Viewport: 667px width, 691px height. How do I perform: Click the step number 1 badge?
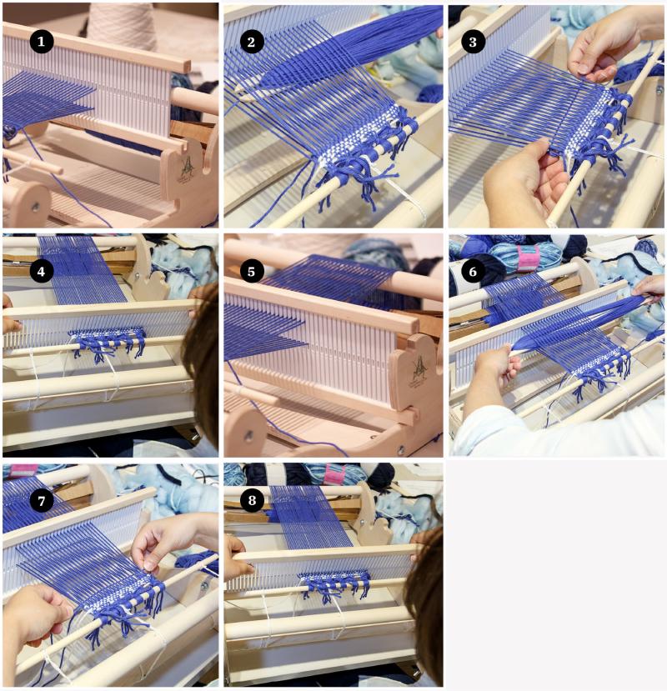coord(42,42)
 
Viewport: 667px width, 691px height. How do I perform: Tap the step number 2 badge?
coord(251,42)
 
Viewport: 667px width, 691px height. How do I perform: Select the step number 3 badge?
coord(473,42)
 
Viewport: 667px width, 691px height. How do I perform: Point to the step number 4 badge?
coord(42,272)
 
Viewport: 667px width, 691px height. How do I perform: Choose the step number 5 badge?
coord(251,272)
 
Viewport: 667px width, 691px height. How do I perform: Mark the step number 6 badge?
coord(473,272)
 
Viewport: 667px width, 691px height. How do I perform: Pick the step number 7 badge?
coord(42,501)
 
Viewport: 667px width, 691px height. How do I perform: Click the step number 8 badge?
coord(251,501)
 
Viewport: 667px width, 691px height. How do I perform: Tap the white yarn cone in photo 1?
coord(122,26)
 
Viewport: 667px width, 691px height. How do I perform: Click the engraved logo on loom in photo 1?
coord(187,168)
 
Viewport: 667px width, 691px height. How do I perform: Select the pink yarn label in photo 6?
coord(528,258)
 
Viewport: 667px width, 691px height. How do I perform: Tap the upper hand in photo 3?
coord(610,44)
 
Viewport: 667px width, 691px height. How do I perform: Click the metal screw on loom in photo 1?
coord(35,206)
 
